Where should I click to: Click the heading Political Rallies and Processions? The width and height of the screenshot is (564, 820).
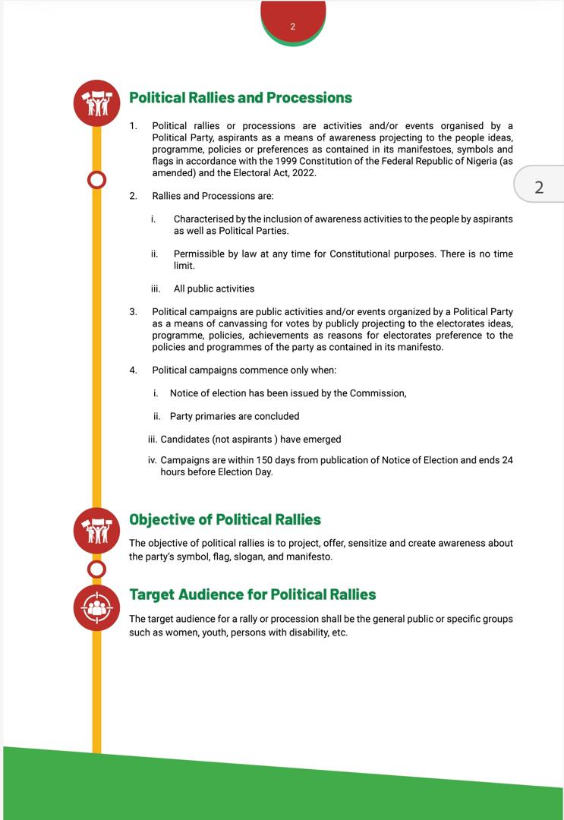241,97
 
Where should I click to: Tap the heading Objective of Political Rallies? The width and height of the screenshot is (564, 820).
225,519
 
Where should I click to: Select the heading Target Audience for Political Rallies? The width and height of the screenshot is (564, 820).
253,594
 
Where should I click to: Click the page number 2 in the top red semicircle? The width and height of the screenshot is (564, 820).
293,27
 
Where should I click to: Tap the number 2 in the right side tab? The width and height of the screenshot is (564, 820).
539,188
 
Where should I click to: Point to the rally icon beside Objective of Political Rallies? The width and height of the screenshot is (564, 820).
96,531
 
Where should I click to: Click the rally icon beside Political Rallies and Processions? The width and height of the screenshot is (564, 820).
96,103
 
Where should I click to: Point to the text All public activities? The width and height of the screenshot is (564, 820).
214,289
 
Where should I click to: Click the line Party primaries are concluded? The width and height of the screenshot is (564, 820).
235,416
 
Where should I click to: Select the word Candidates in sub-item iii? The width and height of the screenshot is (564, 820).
185,439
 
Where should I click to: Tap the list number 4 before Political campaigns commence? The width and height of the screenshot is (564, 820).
133,370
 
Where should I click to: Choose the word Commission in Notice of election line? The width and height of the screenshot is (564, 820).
377,393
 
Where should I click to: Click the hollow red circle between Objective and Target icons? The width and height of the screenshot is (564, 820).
96,568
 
